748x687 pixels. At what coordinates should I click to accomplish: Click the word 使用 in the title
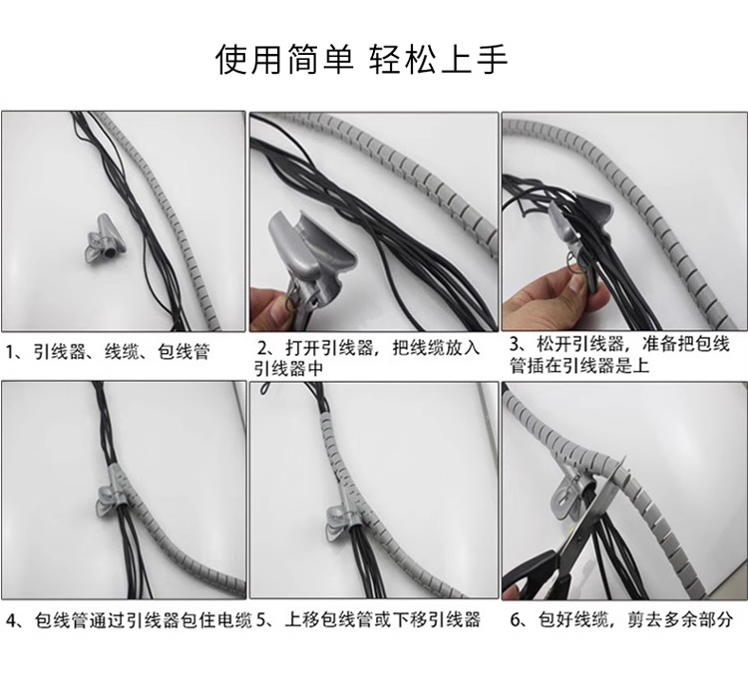coord(250,60)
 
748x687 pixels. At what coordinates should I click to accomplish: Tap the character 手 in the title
coord(492,60)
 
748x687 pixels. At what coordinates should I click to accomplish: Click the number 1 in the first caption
coord(10,352)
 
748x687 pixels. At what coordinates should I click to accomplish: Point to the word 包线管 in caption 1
coord(184,352)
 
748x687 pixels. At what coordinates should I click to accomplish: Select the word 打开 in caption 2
coord(303,348)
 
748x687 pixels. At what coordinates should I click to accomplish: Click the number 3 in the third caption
coord(515,344)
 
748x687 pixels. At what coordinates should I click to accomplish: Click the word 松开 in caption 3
coord(555,344)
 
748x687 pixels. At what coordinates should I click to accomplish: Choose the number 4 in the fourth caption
coord(12,620)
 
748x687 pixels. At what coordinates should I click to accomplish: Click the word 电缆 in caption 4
coord(234,620)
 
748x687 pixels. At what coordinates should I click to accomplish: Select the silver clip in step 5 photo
coord(342,518)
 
